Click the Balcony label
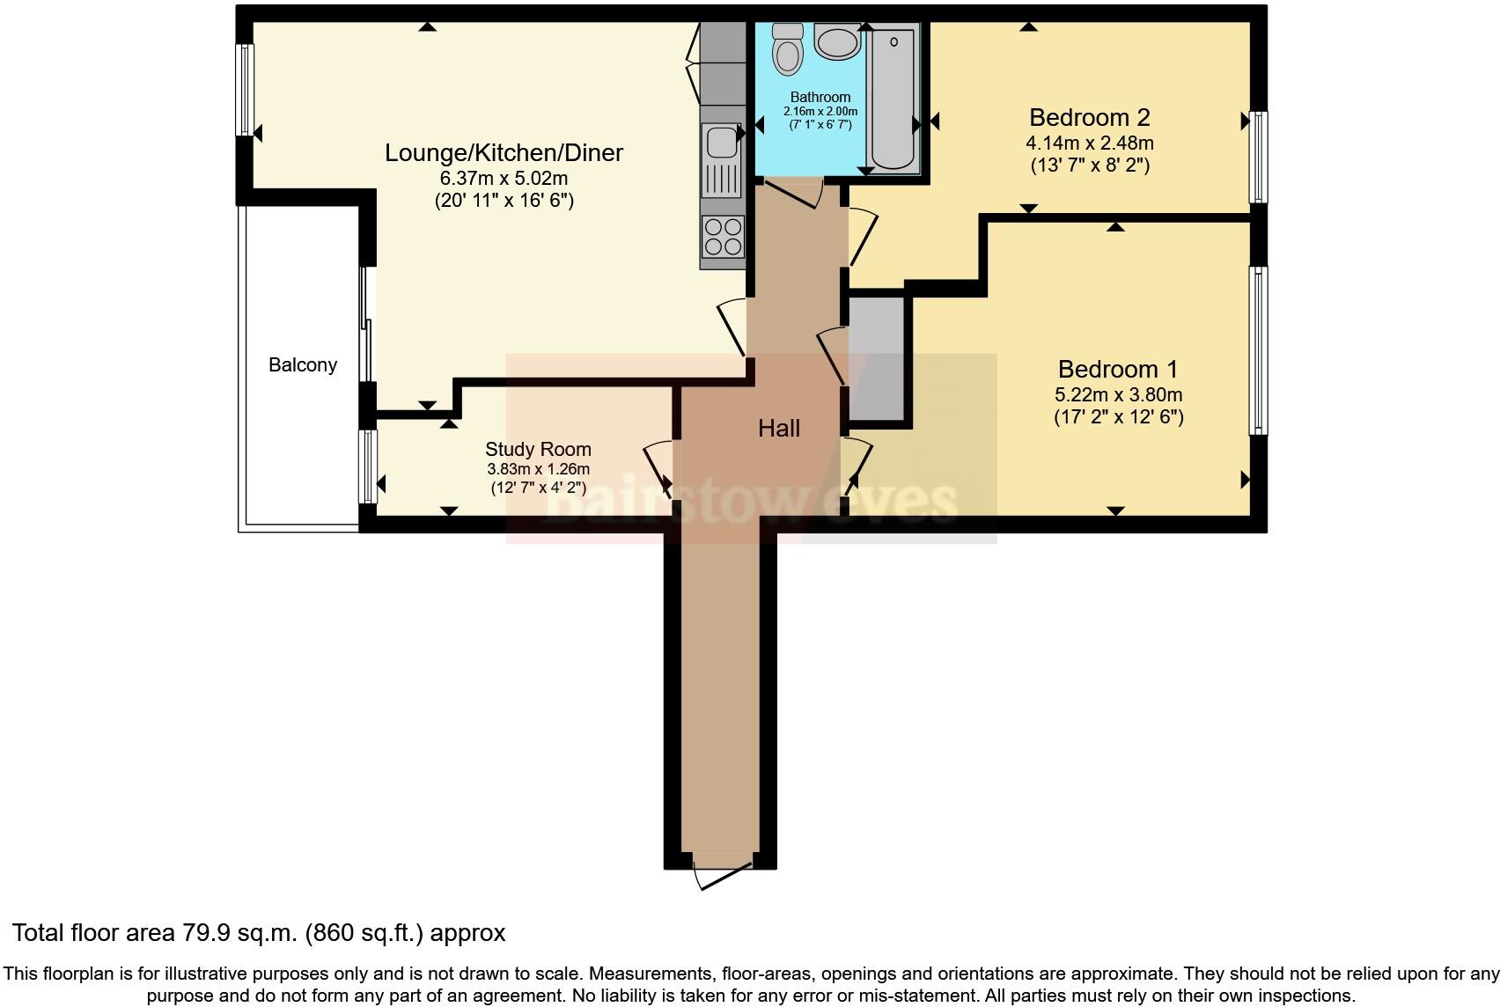(302, 365)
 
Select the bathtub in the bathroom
(893, 97)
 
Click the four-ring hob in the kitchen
(723, 235)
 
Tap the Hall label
(779, 429)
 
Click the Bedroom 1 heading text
(1117, 369)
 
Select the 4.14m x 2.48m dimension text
(1089, 143)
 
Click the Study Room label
(538, 449)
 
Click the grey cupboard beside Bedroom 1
(877, 358)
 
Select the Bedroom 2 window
(1260, 157)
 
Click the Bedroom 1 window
(1260, 350)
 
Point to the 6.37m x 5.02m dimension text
(504, 178)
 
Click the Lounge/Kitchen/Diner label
(504, 152)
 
